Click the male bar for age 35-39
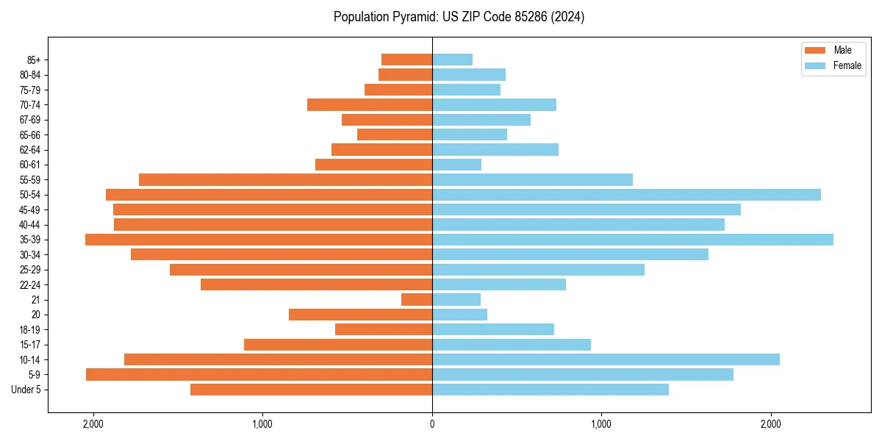click(x=259, y=240)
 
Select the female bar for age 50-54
click(x=626, y=195)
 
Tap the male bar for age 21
click(x=417, y=300)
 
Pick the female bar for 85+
click(x=452, y=60)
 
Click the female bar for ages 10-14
click(x=606, y=359)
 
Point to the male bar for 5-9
click(x=259, y=375)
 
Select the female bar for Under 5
click(x=551, y=390)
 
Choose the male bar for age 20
click(x=360, y=315)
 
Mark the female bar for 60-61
click(x=456, y=165)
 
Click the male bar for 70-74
click(x=370, y=105)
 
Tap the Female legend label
click(x=847, y=65)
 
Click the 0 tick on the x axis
click(x=432, y=424)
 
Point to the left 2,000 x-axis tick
click(x=93, y=424)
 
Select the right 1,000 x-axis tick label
click(x=601, y=424)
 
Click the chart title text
click(x=459, y=17)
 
